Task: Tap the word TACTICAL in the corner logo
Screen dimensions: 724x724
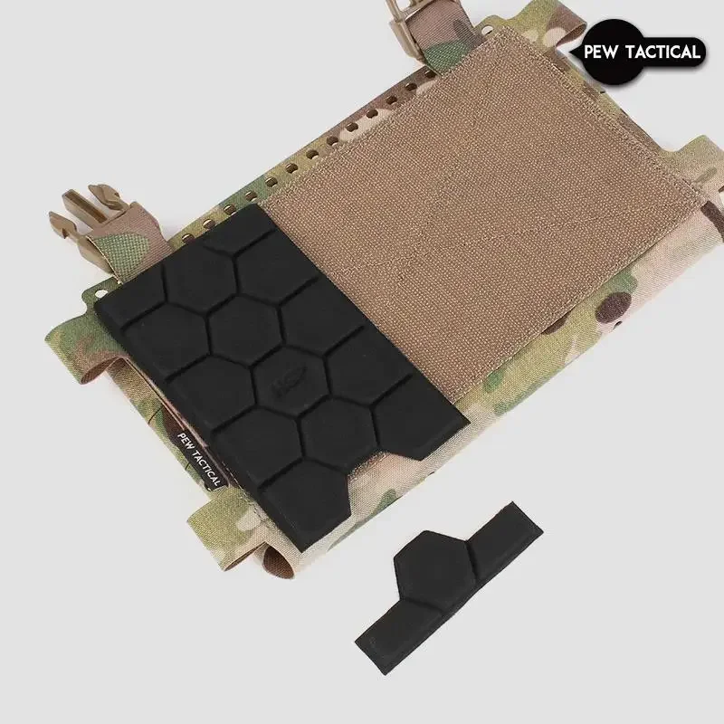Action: [x=669, y=52]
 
